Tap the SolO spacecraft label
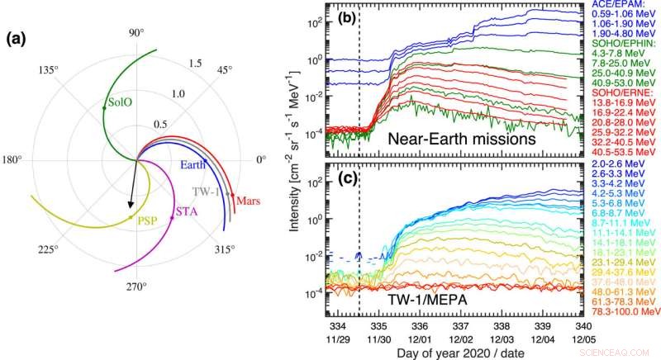[120, 104]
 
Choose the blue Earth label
[193, 164]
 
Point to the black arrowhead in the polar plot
[128, 203]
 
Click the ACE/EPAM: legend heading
[615, 6]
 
